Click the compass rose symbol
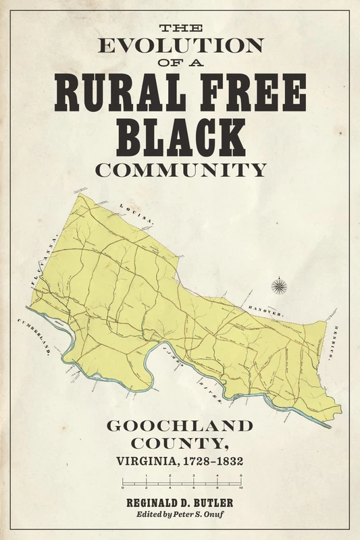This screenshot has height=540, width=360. (x=277, y=286)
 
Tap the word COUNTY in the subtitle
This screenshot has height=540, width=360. (x=180, y=445)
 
